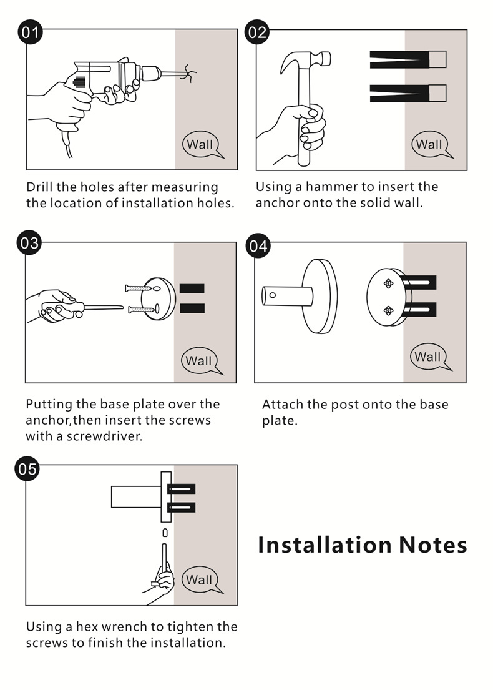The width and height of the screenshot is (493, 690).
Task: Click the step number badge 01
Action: click(x=30, y=32)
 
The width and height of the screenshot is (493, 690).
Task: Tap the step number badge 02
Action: click(x=257, y=32)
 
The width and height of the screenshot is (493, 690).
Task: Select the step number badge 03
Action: click(x=29, y=243)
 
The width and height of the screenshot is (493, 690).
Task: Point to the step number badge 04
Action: click(x=258, y=245)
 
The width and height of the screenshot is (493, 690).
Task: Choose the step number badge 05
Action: click(x=27, y=469)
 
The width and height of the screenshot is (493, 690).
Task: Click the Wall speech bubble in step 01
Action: click(x=202, y=144)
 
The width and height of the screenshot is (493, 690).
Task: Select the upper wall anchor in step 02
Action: click(x=408, y=60)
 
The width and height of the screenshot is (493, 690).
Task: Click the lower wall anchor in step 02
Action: click(x=408, y=93)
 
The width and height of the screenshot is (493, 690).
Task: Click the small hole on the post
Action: click(x=273, y=295)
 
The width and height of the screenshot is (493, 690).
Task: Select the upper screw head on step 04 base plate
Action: click(x=388, y=283)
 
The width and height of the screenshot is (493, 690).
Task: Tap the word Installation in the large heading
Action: click(x=325, y=545)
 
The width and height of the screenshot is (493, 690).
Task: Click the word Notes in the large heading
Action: click(x=432, y=545)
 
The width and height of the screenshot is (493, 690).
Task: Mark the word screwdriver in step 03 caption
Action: click(x=104, y=436)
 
